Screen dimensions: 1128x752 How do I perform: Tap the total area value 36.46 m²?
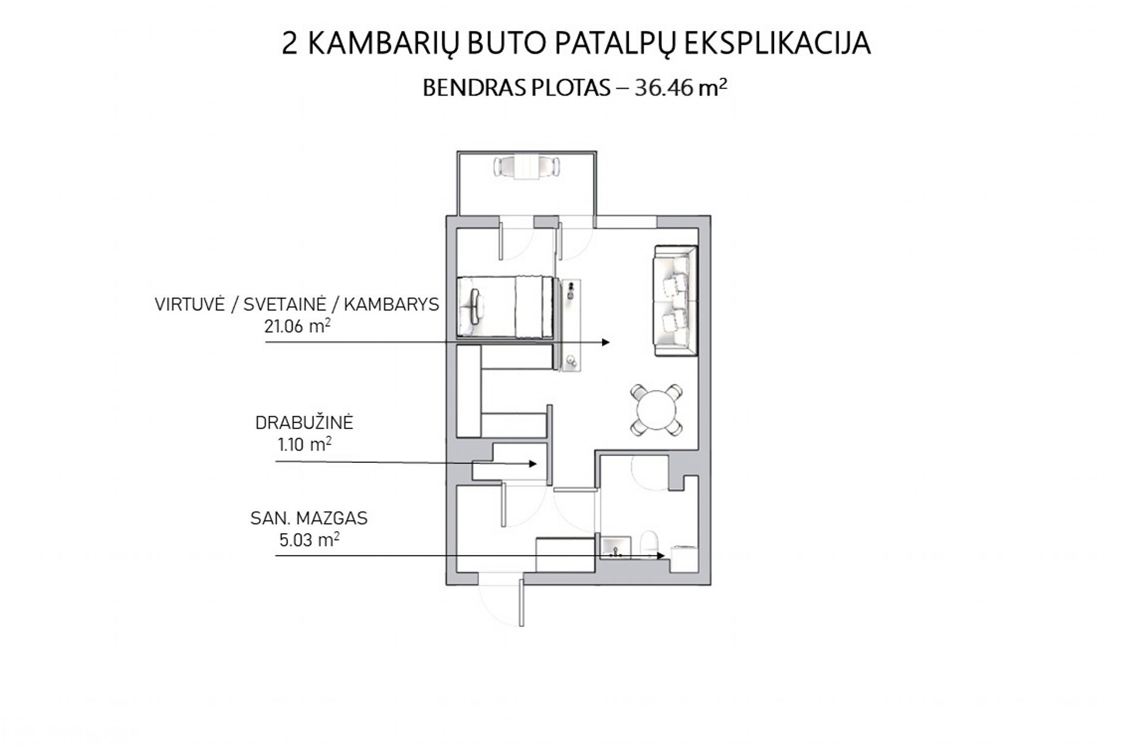(x=681, y=88)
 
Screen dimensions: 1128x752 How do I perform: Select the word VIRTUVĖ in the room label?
(x=189, y=304)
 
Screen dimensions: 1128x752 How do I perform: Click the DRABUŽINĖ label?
(x=304, y=423)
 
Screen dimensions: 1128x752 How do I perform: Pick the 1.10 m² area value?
(x=304, y=445)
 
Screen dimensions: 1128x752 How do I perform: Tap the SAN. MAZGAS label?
(x=309, y=518)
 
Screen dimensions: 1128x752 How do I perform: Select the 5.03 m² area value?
(x=309, y=540)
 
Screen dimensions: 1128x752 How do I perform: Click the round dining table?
(x=655, y=410)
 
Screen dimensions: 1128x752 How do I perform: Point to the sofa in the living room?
(x=676, y=301)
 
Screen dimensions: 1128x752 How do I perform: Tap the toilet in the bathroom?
(x=651, y=544)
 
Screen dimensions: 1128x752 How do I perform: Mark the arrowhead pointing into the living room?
(x=606, y=342)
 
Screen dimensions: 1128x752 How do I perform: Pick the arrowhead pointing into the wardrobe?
(x=534, y=464)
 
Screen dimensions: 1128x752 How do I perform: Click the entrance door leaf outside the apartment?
(x=521, y=603)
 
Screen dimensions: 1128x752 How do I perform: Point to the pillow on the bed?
(x=475, y=306)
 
